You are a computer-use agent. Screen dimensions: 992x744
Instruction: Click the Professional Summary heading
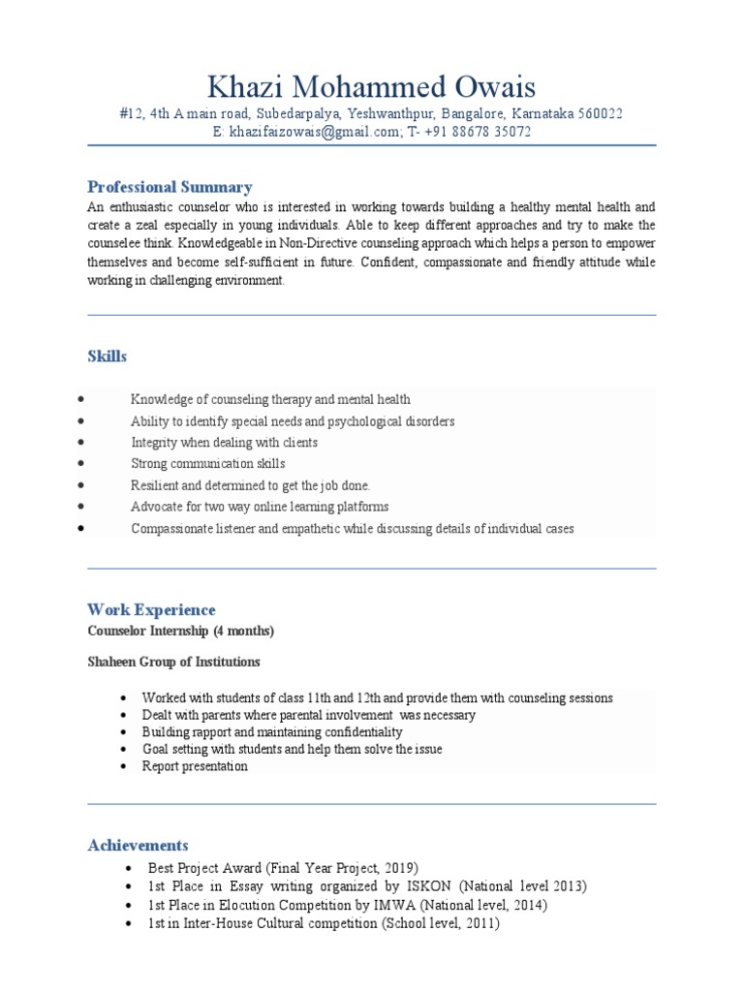click(170, 187)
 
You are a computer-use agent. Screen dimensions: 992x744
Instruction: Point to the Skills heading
click(107, 356)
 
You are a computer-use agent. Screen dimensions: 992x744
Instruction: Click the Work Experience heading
click(151, 609)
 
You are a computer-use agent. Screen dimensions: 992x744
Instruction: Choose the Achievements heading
click(138, 846)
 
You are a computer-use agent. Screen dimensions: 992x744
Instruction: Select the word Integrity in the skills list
click(153, 443)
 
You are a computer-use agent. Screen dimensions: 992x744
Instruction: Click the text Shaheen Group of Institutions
click(173, 663)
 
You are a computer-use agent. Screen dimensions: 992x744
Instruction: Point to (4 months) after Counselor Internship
click(243, 632)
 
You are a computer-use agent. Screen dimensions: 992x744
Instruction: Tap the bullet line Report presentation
click(195, 766)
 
